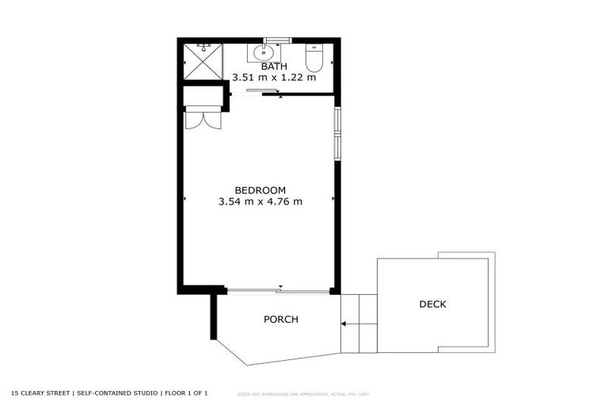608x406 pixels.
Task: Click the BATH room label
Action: click(x=274, y=67)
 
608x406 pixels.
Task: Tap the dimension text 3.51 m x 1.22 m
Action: click(x=274, y=78)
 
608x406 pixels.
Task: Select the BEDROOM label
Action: click(x=260, y=190)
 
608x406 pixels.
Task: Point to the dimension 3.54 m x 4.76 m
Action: click(x=260, y=201)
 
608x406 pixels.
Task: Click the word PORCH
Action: click(x=280, y=320)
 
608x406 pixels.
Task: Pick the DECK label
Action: click(x=432, y=304)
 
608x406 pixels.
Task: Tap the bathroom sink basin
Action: click(x=260, y=54)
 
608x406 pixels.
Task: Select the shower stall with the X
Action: click(x=203, y=62)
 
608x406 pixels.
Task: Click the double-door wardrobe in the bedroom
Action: click(x=203, y=117)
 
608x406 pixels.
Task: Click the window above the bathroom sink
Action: click(x=277, y=40)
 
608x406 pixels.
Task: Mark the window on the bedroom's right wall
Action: click(x=336, y=132)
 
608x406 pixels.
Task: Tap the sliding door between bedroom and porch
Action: click(x=277, y=291)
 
